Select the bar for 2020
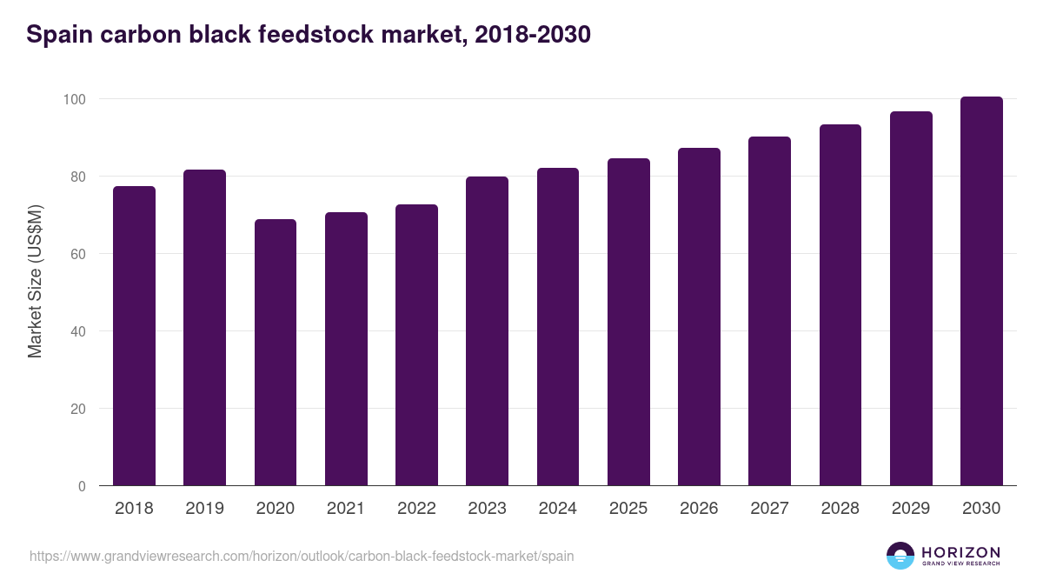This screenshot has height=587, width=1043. (x=276, y=352)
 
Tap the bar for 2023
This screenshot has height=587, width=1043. (x=487, y=331)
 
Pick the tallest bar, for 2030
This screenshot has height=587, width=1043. (x=981, y=291)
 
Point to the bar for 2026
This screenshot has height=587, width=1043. (x=699, y=317)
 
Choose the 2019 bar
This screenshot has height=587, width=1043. (x=204, y=328)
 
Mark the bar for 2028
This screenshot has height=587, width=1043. (x=840, y=305)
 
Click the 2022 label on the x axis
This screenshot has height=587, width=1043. (x=416, y=509)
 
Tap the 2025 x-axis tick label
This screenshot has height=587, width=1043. (x=628, y=509)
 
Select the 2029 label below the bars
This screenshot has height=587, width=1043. (x=911, y=509)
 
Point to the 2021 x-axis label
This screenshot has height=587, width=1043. (x=346, y=509)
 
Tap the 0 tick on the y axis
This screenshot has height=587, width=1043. (x=82, y=486)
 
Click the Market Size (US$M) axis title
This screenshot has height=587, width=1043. (x=35, y=281)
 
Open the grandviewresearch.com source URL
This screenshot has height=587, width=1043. (x=302, y=556)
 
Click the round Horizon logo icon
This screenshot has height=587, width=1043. (x=900, y=556)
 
